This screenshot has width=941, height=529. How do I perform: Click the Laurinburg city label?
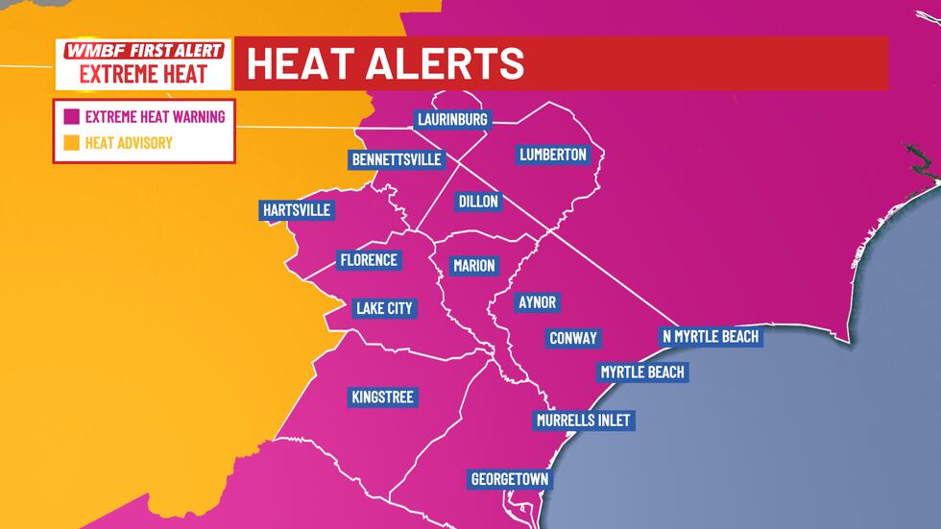[453, 120]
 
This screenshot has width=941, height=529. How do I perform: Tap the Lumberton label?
[552, 155]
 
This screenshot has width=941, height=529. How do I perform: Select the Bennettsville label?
[397, 159]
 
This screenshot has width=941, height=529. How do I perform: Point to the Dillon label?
[478, 202]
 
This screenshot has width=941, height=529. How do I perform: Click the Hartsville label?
[296, 210]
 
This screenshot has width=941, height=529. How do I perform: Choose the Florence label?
[369, 260]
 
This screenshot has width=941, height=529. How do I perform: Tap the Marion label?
[473, 266]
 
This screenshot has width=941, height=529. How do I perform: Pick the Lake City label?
[383, 308]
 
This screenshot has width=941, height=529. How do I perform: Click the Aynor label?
[537, 302]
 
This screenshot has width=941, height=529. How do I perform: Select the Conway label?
[573, 338]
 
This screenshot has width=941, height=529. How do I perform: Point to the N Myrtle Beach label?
[711, 336]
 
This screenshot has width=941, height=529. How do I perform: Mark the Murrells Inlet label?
[585, 421]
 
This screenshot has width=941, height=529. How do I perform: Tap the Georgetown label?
[509, 479]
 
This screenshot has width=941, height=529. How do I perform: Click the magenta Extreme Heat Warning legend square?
[71, 118]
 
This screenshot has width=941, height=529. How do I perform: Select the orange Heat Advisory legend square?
[71, 144]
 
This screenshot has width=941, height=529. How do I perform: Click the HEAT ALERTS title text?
[386, 63]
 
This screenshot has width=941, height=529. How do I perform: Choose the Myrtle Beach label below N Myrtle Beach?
[642, 372]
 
